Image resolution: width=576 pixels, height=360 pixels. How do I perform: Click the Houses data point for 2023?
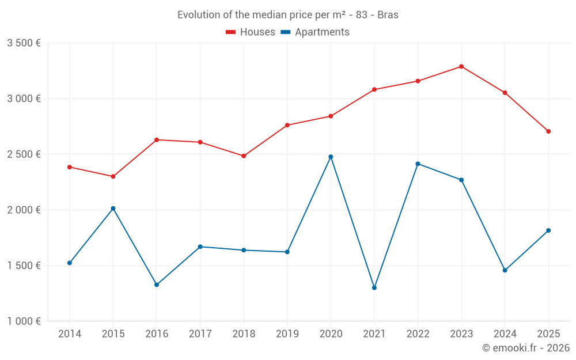coord(461,66)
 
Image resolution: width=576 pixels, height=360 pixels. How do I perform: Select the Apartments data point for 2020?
coord(331,157)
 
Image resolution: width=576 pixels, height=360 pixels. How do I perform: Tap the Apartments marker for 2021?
coord(374,287)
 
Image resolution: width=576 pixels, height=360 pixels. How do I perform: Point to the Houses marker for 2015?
coord(113,176)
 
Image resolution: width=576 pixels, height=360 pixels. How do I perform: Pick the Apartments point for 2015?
coord(113,209)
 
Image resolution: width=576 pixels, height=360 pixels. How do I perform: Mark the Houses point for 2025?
coord(548,131)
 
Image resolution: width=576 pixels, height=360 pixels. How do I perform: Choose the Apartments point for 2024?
coord(505,270)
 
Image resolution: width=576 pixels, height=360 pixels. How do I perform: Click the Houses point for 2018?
coord(244,156)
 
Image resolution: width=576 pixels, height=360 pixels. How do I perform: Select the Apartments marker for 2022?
coord(418,164)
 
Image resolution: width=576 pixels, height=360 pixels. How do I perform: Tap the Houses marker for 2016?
coord(157,140)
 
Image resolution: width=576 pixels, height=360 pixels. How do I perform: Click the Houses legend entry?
coord(251,32)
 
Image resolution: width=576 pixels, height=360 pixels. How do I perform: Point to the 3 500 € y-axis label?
coord(24,43)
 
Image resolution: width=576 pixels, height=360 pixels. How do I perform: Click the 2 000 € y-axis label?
coord(24,210)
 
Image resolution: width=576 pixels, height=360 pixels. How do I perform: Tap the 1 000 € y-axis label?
coord(24,321)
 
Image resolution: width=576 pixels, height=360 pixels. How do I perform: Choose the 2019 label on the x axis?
coord(287,334)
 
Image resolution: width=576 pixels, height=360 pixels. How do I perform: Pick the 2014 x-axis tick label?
coord(70,334)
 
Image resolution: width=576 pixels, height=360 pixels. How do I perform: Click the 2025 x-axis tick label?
coord(548,334)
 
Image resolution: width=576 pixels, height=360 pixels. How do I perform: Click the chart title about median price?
coord(288,15)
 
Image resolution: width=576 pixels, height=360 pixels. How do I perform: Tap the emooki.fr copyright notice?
coord(525,348)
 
